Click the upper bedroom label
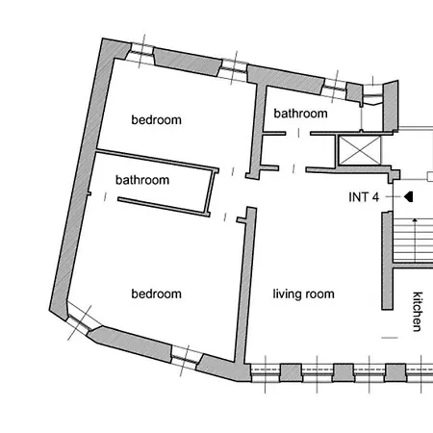pos(156,120)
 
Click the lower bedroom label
pos(156,293)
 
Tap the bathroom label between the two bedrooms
pos(142,180)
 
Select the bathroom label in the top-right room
pos(300,114)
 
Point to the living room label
pos(303,294)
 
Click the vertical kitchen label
pos(417,312)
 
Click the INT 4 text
pos(364,197)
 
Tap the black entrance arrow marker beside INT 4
pos(408,196)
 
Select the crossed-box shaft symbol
pos(360,150)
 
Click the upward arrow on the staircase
pos(415,240)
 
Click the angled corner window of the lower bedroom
pos(80,320)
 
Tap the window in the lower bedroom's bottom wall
pos(186,358)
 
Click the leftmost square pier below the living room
pos(291,372)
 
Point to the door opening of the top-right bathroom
pos(298,133)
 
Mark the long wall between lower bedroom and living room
pos(245,286)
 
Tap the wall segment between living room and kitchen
pos(387,261)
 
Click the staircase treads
pos(413,241)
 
